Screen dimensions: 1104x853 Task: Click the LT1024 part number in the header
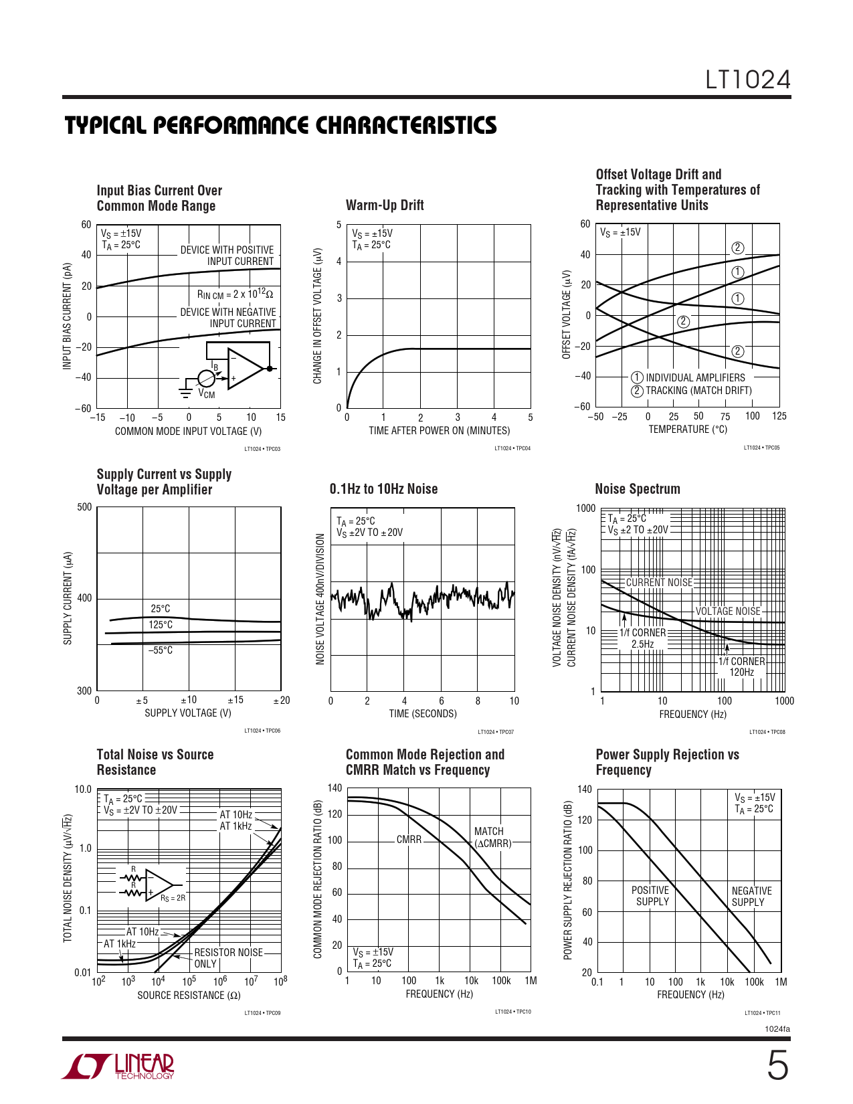coord(748,80)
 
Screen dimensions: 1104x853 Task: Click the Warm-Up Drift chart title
coord(385,205)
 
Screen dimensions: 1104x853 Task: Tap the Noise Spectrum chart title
coord(637,489)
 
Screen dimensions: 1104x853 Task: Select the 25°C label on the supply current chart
coord(161,609)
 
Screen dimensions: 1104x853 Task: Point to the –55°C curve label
coord(161,650)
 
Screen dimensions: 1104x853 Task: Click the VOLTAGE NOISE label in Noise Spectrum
coord(728,611)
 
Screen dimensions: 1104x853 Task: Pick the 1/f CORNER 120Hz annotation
coord(741,666)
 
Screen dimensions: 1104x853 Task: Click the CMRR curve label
coord(409,839)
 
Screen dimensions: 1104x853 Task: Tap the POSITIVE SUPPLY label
coord(650,896)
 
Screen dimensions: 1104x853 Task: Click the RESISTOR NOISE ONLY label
coord(227,958)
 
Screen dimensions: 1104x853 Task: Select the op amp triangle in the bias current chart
coord(244,368)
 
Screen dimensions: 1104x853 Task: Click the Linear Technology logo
coord(118,1067)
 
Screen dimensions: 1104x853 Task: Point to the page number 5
coord(777,1066)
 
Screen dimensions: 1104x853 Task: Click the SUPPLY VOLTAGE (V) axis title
coord(188,713)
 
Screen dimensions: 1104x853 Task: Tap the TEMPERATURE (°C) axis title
coord(687,430)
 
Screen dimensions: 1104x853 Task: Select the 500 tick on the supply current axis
coord(84,507)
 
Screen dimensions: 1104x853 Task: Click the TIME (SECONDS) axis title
coord(423,714)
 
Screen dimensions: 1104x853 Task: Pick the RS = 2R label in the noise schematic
coord(173,898)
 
